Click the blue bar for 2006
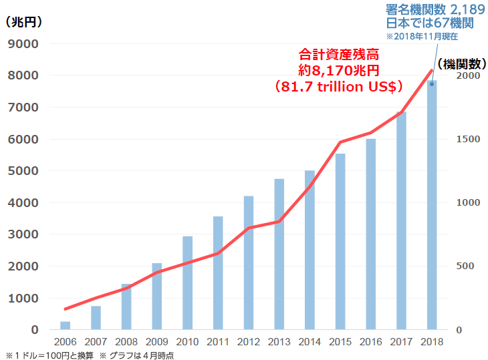click(x=65, y=325)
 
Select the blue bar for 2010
click(x=187, y=283)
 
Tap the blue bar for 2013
click(x=279, y=254)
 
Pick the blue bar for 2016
click(x=370, y=234)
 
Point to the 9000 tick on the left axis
click(x=23, y=44)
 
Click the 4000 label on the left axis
click(x=23, y=203)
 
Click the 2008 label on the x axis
click(x=126, y=342)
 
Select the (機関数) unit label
click(x=460, y=64)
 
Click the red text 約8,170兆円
click(x=338, y=70)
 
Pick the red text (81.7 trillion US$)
click(x=338, y=86)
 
